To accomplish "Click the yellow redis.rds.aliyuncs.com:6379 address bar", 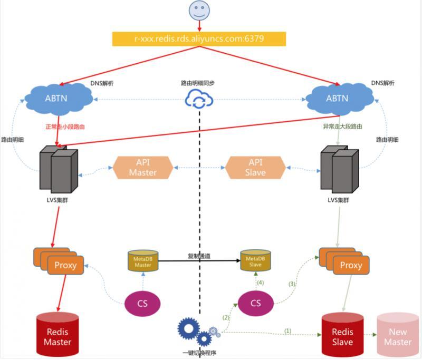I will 199,39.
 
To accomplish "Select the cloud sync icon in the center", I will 198,99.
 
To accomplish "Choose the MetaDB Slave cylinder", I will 255,260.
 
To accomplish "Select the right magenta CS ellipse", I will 256,303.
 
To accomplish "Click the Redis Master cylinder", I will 57,336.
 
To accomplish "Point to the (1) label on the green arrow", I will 288,331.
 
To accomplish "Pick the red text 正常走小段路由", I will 65,128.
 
